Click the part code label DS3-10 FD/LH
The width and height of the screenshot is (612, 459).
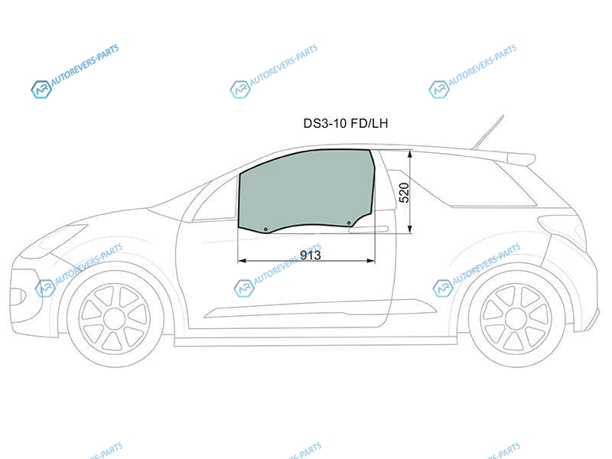tap(346, 123)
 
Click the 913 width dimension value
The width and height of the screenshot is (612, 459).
tap(311, 256)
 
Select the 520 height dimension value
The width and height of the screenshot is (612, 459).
tap(405, 193)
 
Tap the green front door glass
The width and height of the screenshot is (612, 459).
tap(307, 190)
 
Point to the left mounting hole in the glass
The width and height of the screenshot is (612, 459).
tap(265, 229)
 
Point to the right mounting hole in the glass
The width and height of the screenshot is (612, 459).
tap(349, 223)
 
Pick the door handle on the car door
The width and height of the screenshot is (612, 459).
tap(369, 229)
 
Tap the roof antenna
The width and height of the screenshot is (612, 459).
tap(488, 132)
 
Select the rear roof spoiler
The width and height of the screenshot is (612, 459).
tap(520, 158)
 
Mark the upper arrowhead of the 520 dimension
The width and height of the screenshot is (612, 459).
tap(410, 155)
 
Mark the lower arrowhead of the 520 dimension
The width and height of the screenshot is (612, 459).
tap(410, 229)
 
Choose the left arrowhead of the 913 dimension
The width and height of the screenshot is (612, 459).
tap(242, 261)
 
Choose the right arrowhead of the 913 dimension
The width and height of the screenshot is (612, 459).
tap(371, 261)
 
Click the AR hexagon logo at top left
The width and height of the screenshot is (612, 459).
tap(41, 90)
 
